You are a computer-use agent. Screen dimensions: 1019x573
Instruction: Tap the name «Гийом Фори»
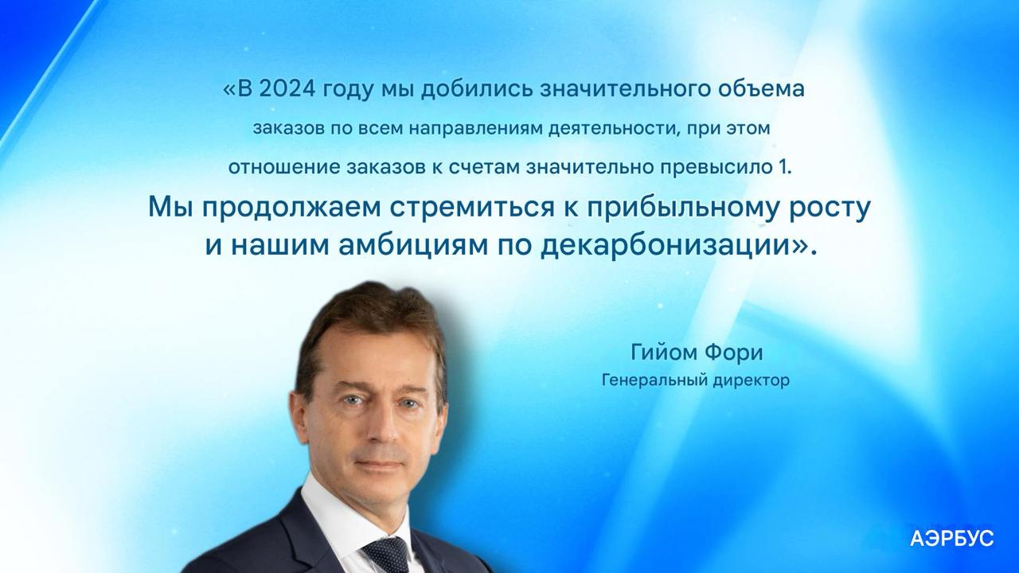[697, 353]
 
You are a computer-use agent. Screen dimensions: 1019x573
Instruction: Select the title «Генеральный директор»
[696, 380]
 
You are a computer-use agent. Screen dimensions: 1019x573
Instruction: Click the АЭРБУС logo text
[951, 540]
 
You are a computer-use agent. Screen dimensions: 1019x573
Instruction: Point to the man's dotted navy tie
[385, 555]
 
